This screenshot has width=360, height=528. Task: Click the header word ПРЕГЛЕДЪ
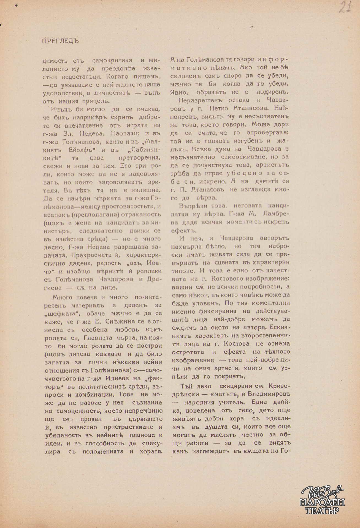point(61,41)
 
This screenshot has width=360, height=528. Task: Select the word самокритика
point(112,60)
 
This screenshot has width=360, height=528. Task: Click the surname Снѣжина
point(113,321)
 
